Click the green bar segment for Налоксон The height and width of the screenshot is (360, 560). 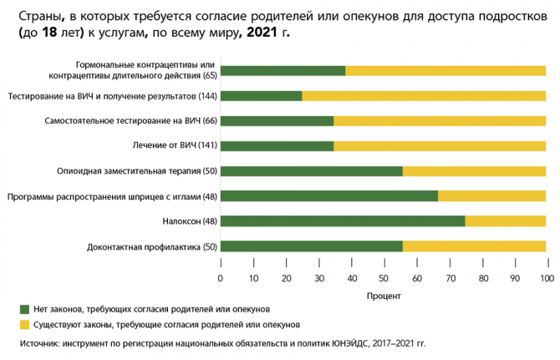[x=343, y=221]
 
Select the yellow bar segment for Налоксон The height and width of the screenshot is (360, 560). [x=505, y=221]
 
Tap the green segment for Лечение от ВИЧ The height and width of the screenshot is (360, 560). [x=277, y=146]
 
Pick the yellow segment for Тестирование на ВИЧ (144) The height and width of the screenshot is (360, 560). [x=424, y=96]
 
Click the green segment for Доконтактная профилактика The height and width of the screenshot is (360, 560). [x=312, y=246]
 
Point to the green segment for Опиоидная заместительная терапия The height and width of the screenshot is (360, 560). [x=312, y=171]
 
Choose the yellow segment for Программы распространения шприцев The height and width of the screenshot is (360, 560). [x=491, y=196]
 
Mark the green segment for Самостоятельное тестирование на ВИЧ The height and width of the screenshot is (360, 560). [x=277, y=121]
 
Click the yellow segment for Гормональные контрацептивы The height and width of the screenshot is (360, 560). [x=445, y=71]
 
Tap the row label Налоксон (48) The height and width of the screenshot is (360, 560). [x=189, y=221]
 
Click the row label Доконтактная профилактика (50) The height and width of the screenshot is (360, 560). [x=151, y=246]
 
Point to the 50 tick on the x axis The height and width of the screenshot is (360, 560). [x=384, y=277]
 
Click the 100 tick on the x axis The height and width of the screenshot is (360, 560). [x=546, y=277]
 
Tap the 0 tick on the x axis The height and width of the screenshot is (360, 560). [x=221, y=277]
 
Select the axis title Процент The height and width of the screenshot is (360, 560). [x=384, y=296]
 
